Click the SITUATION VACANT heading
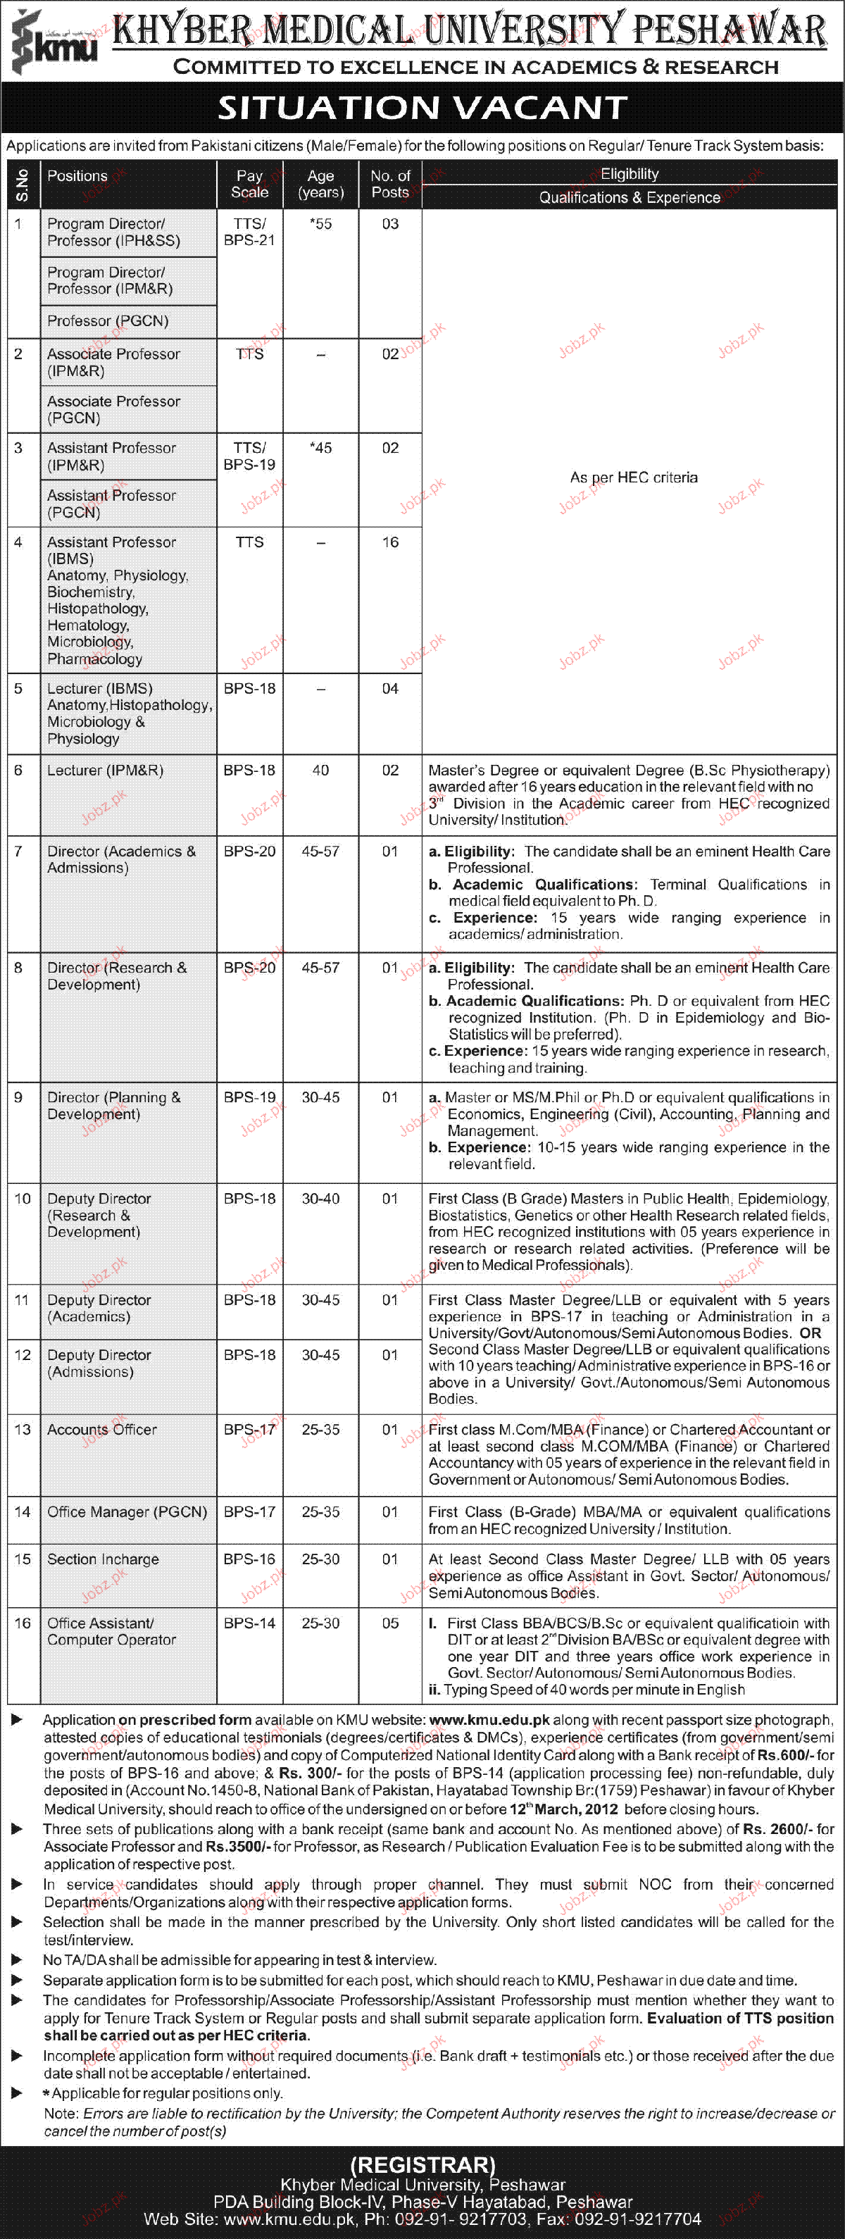pos(423,108)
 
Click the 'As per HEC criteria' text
pos(634,478)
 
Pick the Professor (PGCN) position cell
pos(108,320)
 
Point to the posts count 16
pos(390,542)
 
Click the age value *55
pos(321,224)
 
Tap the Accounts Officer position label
pos(101,1430)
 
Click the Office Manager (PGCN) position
pos(127,1511)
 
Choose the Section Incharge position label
pos(103,1559)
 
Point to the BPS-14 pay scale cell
pos(249,1623)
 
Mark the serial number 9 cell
pos(18,1098)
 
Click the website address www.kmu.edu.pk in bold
pos(489,1720)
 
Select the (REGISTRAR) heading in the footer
pos(423,2165)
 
